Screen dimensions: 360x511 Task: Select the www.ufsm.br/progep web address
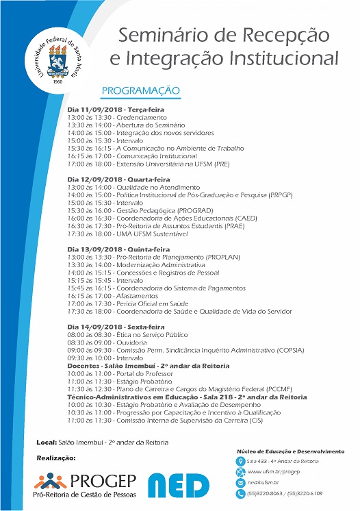point(270,472)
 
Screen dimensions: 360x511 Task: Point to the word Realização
point(56,457)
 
